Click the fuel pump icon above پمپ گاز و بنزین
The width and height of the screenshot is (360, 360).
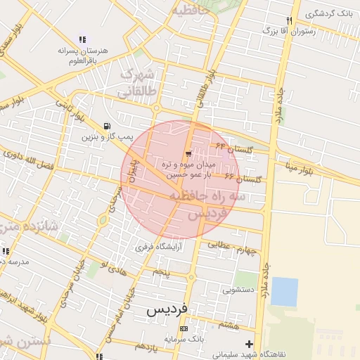click(106, 126)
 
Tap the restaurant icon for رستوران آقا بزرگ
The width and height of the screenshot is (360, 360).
click(290, 20)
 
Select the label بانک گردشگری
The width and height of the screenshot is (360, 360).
click(330, 13)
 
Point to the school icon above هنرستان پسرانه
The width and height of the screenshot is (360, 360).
click(82, 40)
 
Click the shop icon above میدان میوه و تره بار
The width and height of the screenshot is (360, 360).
click(188, 154)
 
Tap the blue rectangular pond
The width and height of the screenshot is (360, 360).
click(284, 291)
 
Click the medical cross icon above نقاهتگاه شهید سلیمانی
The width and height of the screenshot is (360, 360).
click(248, 343)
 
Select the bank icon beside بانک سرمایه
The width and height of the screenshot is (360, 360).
click(184, 328)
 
